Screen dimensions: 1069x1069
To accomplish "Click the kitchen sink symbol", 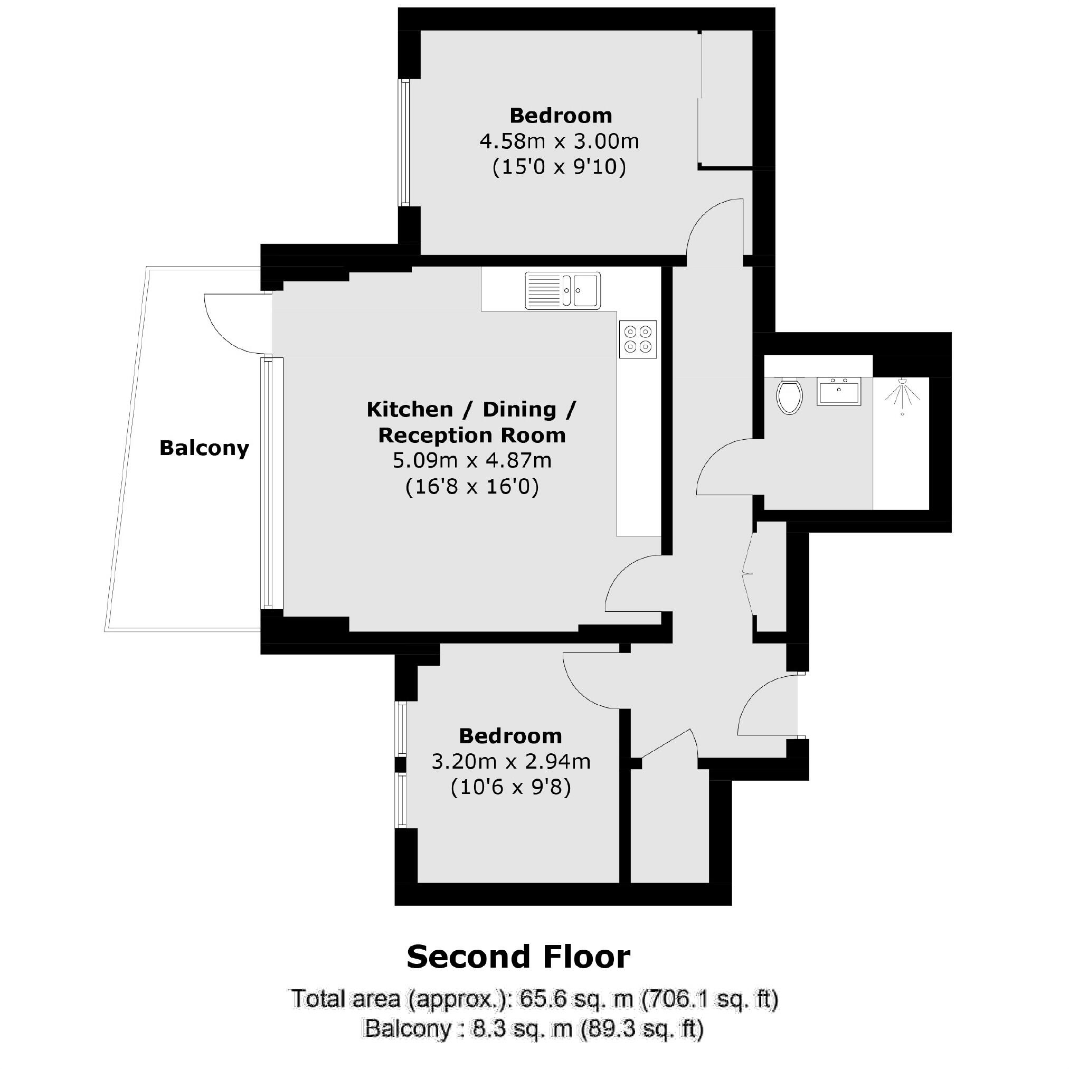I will pos(562,290).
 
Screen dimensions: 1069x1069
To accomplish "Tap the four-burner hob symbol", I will pos(637,339).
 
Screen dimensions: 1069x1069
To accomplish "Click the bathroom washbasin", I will pos(838,391).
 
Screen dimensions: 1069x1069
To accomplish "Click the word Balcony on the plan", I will pos(204,448).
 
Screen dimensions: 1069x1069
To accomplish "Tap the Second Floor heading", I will pos(518,957).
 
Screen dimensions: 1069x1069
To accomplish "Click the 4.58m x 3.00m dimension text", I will pos(559,141).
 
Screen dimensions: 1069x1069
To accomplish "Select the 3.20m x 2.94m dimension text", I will pos(510,762).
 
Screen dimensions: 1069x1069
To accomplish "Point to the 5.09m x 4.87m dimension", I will pos(471,460).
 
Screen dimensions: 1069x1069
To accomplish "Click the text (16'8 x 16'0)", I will pos(471,487).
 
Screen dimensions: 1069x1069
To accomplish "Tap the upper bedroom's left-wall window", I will pos(405,143).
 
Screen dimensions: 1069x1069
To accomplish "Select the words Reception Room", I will pos(471,435).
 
